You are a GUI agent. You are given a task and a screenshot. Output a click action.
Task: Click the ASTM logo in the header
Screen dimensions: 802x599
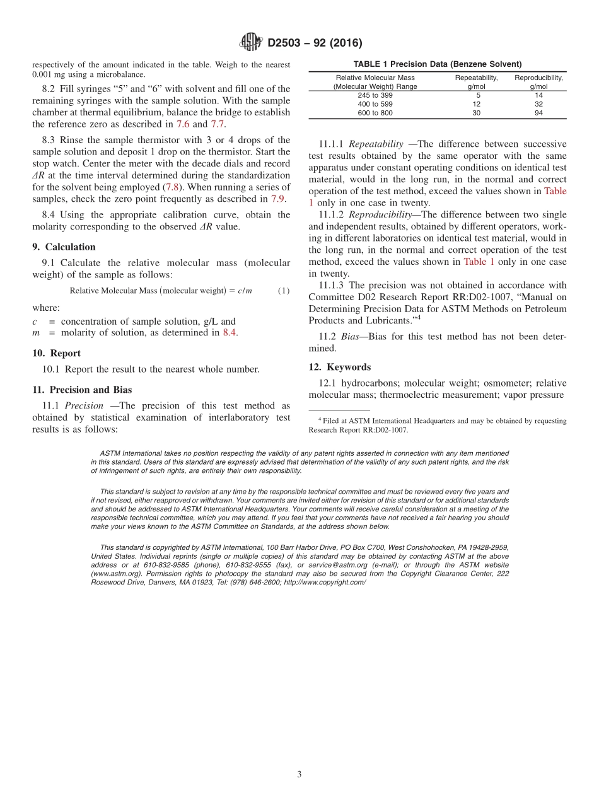(x=252, y=43)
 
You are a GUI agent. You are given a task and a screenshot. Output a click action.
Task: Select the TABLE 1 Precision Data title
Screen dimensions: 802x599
(x=437, y=64)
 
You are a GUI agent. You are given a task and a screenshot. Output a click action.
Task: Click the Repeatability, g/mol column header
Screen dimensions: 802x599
(x=476, y=82)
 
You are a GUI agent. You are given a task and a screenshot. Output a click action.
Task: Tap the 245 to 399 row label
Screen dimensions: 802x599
(x=375, y=95)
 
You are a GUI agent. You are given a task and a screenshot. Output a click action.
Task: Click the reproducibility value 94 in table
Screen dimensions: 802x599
(x=538, y=113)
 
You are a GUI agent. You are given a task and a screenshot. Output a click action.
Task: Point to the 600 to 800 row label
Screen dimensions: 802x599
(x=375, y=113)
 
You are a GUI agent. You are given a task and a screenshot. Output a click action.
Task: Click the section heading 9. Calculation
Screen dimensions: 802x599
(x=64, y=247)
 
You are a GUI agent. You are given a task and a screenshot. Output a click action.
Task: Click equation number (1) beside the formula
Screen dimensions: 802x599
(x=284, y=291)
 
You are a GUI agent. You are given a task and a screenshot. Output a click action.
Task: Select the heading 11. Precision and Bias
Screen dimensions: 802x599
(x=82, y=390)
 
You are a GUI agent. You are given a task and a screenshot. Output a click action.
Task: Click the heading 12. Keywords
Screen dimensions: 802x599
(x=340, y=367)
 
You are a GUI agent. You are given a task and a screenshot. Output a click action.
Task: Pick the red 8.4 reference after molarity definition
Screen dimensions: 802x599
(x=230, y=333)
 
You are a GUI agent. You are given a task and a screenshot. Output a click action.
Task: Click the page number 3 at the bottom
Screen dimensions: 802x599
(x=299, y=774)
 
